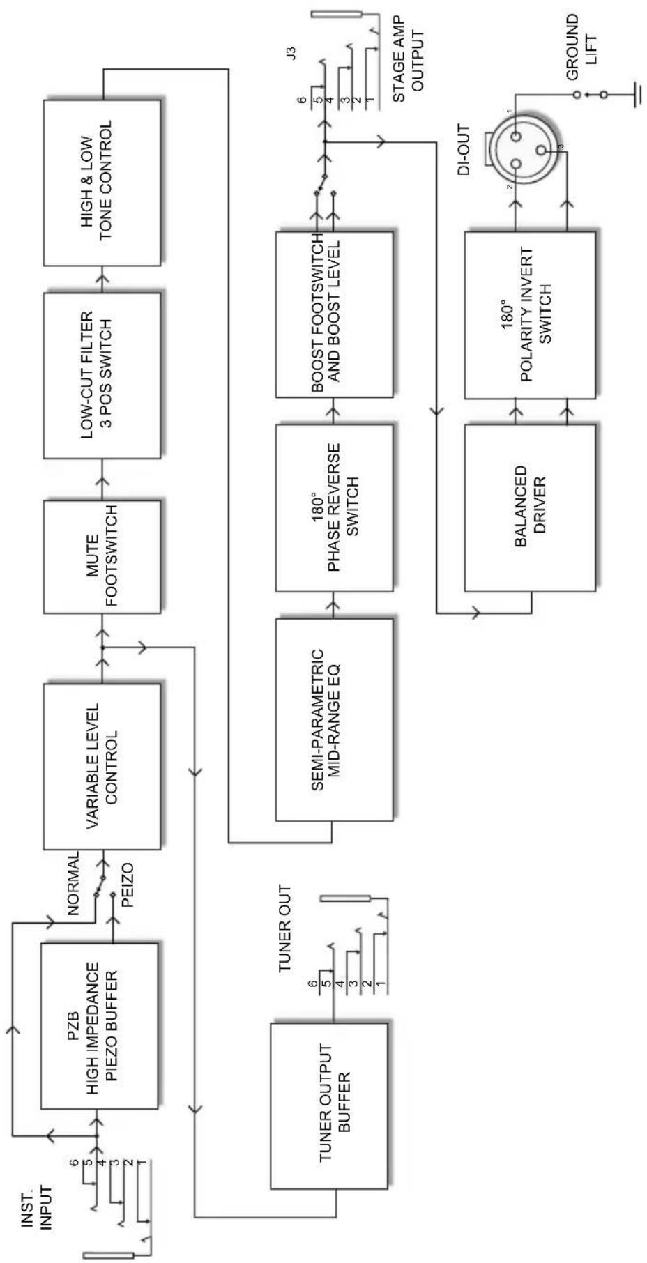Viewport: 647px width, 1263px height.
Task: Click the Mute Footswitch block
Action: tap(102, 556)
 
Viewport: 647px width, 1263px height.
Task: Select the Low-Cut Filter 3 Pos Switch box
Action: tap(102, 375)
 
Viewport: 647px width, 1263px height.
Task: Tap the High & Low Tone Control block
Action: tap(102, 183)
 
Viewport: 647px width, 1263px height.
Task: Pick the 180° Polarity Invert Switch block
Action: tap(530, 315)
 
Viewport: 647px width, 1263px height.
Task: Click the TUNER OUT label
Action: tap(285, 929)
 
